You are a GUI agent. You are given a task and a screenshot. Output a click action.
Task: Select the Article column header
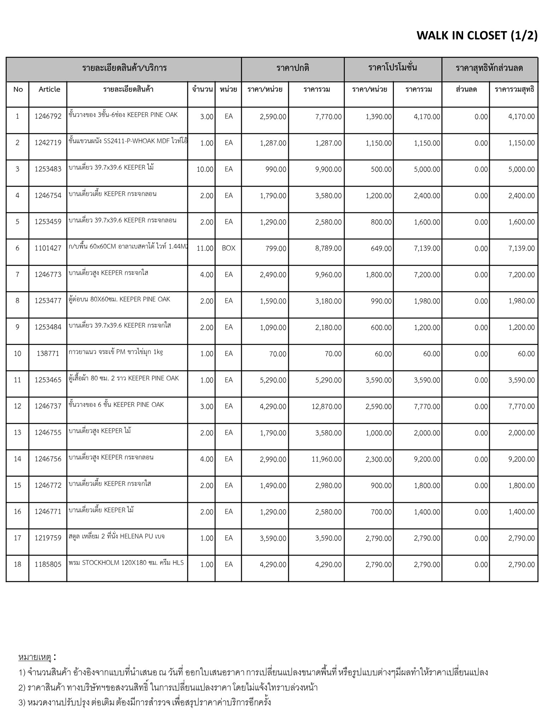pos(49,89)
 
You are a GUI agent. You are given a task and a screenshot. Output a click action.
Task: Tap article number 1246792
pos(48,116)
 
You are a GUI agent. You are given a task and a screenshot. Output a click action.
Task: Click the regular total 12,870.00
pos(327,407)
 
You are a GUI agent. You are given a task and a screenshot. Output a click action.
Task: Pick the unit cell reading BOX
pos(228,248)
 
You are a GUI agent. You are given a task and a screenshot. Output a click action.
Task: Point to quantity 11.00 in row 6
pos(205,248)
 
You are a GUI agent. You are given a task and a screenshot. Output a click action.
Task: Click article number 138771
pos(48,354)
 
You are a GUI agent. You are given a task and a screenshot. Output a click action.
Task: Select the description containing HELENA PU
pos(117,536)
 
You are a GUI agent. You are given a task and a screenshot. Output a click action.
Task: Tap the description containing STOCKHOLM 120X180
pos(126,562)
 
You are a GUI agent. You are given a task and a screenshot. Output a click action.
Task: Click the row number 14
pos(17,459)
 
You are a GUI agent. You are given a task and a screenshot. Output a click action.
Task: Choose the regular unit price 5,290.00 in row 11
pos(273,380)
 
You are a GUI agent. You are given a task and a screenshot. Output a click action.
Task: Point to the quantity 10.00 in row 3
pos(205,169)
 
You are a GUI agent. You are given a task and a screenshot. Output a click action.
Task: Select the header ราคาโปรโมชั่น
pos(392,68)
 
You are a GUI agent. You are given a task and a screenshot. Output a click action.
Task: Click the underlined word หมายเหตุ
pos(35,657)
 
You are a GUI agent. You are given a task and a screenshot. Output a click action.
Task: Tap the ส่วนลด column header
pos(466,89)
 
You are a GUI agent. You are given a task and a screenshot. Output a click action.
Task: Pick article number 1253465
pos(48,380)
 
